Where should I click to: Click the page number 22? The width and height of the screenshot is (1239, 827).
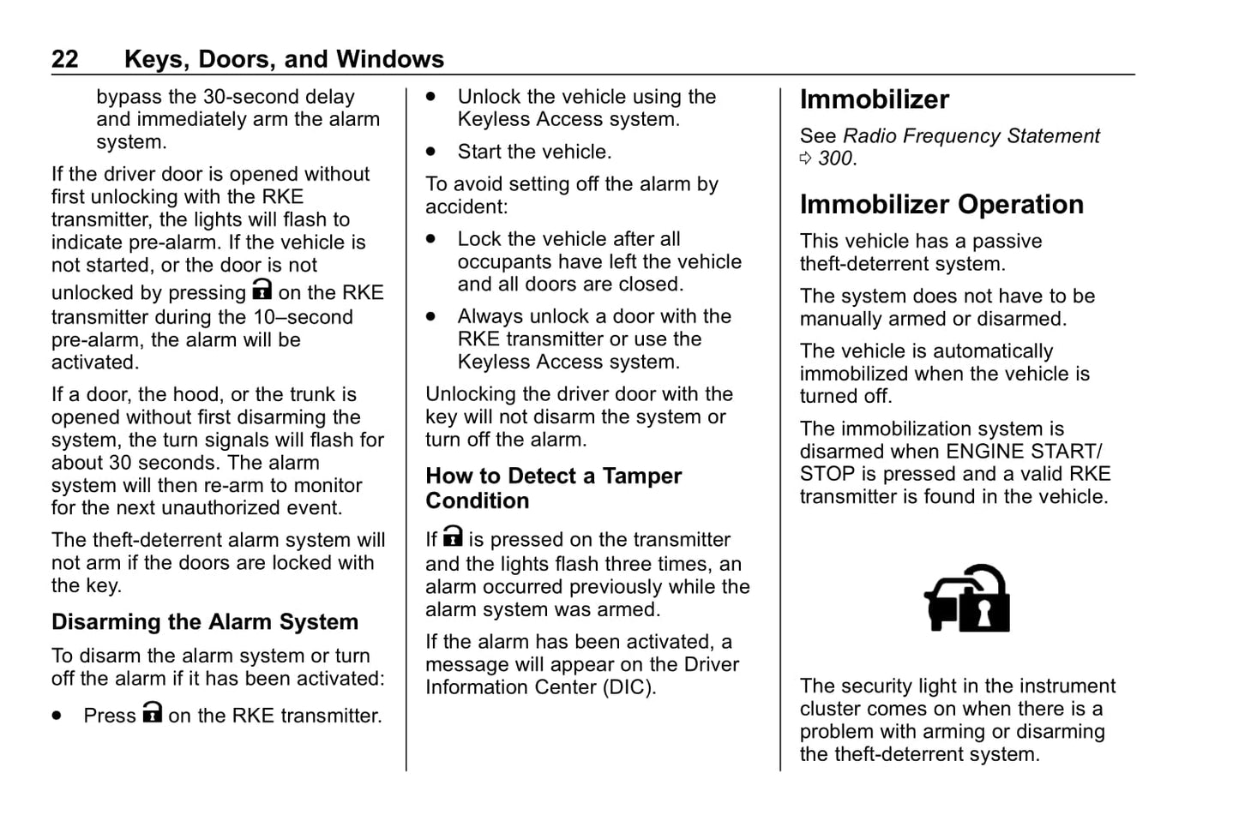[65, 59]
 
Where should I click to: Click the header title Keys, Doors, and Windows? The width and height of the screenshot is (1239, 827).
[284, 59]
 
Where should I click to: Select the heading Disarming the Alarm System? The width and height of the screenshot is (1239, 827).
[205, 622]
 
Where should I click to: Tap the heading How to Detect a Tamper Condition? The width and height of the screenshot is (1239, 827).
[553, 488]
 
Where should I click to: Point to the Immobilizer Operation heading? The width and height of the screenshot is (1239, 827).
[941, 205]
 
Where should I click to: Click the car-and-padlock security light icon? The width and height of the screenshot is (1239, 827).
[966, 599]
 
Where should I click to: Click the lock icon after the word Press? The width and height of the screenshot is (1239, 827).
[152, 713]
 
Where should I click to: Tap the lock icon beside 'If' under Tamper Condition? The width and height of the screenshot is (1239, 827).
[453, 537]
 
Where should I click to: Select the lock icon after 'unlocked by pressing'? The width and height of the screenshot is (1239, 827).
[262, 291]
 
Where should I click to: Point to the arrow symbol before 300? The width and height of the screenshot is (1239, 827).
[806, 159]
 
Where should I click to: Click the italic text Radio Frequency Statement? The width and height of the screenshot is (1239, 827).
[971, 136]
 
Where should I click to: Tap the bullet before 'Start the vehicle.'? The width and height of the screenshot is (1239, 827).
[431, 153]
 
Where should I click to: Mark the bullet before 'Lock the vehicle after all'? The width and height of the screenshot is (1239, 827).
[431, 240]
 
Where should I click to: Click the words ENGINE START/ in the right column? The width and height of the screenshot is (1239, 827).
[1024, 452]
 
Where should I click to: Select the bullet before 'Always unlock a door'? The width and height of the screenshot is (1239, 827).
[431, 317]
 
